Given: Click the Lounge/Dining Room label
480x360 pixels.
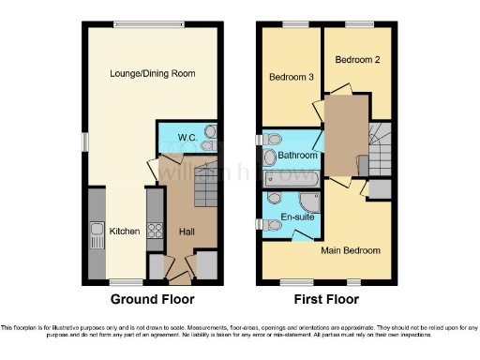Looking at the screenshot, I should [x=152, y=73].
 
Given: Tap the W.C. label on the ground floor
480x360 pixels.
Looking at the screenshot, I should [x=187, y=137].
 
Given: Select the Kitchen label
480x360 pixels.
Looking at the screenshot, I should [x=126, y=231].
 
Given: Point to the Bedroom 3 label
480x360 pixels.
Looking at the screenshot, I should [x=291, y=77].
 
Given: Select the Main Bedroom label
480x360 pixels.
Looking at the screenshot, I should [x=351, y=250].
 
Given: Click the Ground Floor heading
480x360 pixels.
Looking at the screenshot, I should [x=152, y=300].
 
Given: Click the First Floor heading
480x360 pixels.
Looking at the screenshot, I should [x=325, y=300].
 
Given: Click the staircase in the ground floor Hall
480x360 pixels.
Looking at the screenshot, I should [x=205, y=191].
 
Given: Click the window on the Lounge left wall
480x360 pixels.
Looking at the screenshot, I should [x=83, y=141].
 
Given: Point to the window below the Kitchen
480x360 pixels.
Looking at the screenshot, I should [x=120, y=282].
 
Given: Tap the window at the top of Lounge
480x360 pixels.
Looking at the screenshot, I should [x=137, y=24].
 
